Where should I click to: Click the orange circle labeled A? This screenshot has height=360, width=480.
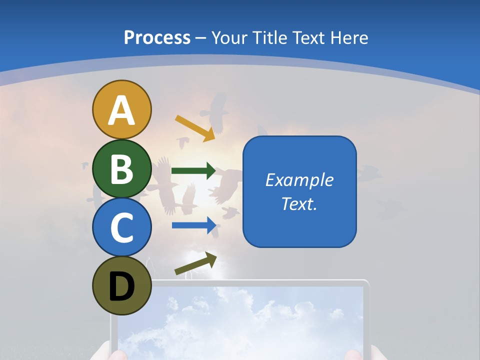[121, 109]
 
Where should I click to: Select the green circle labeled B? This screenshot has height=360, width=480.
[121, 168]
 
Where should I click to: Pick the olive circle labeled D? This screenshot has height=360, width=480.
[121, 285]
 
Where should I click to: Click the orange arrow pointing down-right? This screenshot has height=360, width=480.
[195, 127]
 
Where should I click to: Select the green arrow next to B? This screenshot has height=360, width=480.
[193, 171]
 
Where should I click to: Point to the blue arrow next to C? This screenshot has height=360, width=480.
[193, 225]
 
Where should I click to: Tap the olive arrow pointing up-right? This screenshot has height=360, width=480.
[195, 264]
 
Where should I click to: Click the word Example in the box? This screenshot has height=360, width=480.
[299, 180]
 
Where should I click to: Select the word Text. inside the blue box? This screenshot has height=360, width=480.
[299, 204]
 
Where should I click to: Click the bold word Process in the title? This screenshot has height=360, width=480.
[157, 37]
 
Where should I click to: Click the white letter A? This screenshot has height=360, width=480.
[121, 110]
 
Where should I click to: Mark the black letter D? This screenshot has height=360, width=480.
[121, 286]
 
